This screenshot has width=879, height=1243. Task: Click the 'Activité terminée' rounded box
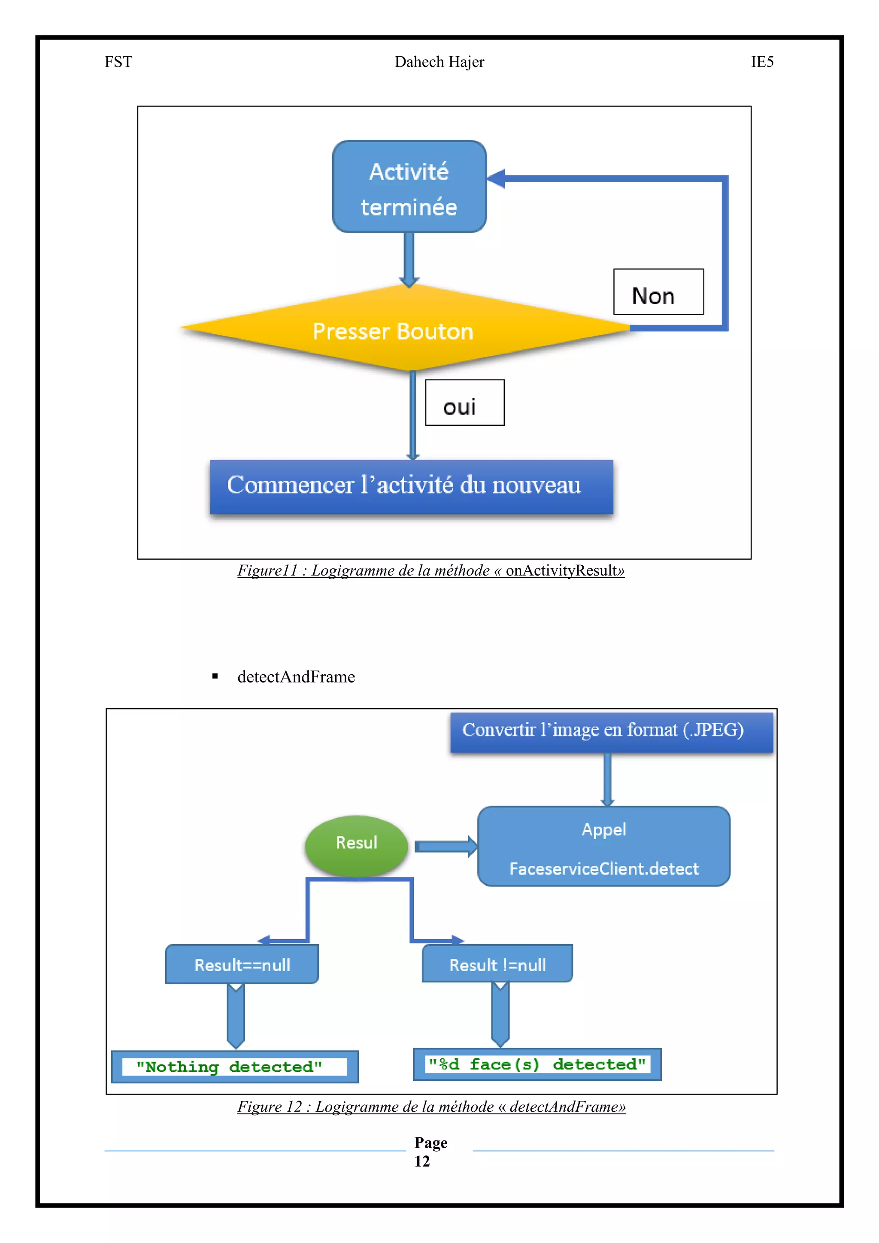coord(409,187)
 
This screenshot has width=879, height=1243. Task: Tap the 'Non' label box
coord(658,292)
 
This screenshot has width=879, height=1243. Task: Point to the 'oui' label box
coord(464,403)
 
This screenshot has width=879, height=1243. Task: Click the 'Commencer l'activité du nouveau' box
coord(411,487)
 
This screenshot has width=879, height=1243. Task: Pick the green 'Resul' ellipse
coord(356,846)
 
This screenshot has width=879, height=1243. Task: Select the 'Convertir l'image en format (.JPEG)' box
coord(611,732)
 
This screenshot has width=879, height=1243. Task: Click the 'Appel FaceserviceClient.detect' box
coord(603,846)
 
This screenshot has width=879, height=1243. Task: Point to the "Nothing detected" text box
coord(234,1067)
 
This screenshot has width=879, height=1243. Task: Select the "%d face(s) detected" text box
coord(536,1064)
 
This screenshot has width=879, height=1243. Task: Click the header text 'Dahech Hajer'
coord(439,62)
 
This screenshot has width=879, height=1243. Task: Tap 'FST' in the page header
coord(118,62)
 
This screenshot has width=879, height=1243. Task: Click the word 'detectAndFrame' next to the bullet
coord(296,677)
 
